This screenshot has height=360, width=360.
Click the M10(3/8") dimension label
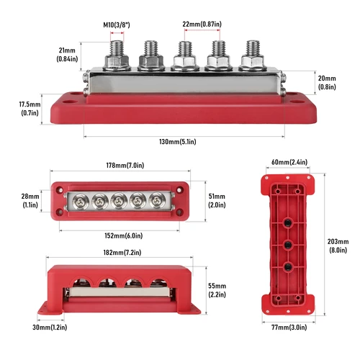click(117, 25)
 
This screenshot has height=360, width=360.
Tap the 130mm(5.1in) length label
click(183, 142)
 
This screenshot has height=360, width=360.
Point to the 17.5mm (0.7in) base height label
click(29, 109)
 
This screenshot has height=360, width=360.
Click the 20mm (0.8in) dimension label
click(328, 83)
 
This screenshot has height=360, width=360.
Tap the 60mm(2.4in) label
click(289, 162)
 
